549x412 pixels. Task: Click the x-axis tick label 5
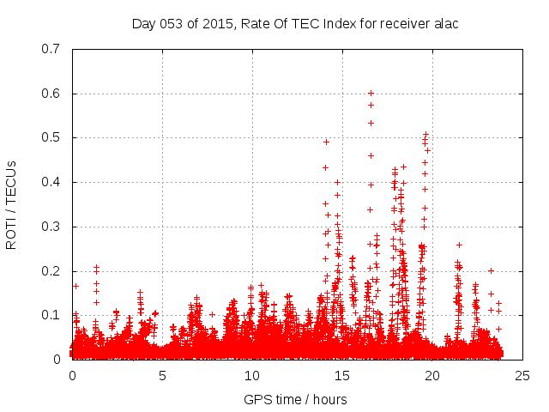(162, 376)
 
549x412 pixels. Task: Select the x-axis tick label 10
(252, 376)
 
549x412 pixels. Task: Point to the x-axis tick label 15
(342, 376)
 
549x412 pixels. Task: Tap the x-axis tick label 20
(432, 376)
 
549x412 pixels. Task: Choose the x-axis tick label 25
(522, 376)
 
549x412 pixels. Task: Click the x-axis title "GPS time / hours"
(295, 399)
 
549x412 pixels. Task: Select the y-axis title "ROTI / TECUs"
(12, 204)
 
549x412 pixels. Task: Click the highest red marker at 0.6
(371, 93)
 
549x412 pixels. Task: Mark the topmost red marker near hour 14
(326, 142)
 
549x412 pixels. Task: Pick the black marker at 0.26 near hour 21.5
(459, 245)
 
